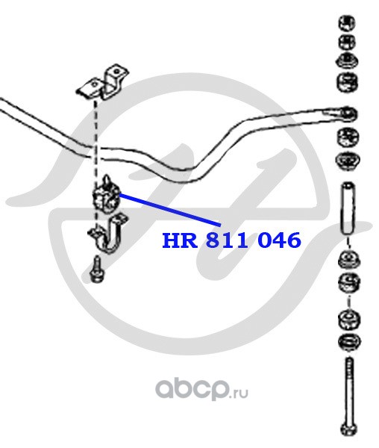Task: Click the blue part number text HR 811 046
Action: click(x=231, y=240)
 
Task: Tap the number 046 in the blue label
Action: click(x=279, y=240)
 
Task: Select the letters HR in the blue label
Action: click(x=180, y=240)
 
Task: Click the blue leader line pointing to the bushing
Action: click(x=170, y=210)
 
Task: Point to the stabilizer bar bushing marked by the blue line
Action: click(x=106, y=195)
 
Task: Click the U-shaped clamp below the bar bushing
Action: click(x=109, y=233)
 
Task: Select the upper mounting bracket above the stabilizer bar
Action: click(x=102, y=82)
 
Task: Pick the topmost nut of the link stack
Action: click(x=347, y=23)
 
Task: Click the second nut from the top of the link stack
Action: click(x=347, y=43)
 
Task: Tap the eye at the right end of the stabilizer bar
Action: click(x=348, y=114)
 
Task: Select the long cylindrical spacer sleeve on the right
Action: click(x=348, y=208)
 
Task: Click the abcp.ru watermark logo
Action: click(x=201, y=389)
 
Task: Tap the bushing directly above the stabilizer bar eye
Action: click(x=348, y=82)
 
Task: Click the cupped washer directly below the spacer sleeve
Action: click(x=349, y=259)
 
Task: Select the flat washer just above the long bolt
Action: click(x=349, y=343)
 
